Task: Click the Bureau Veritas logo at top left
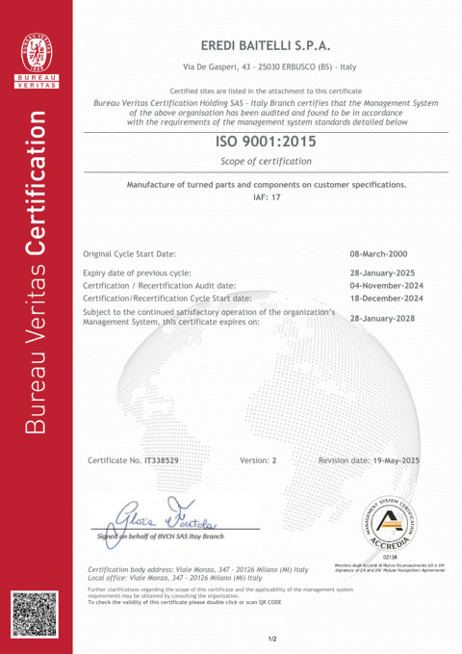click(x=40, y=62)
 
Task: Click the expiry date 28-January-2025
click(x=388, y=273)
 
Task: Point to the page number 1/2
click(x=272, y=638)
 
